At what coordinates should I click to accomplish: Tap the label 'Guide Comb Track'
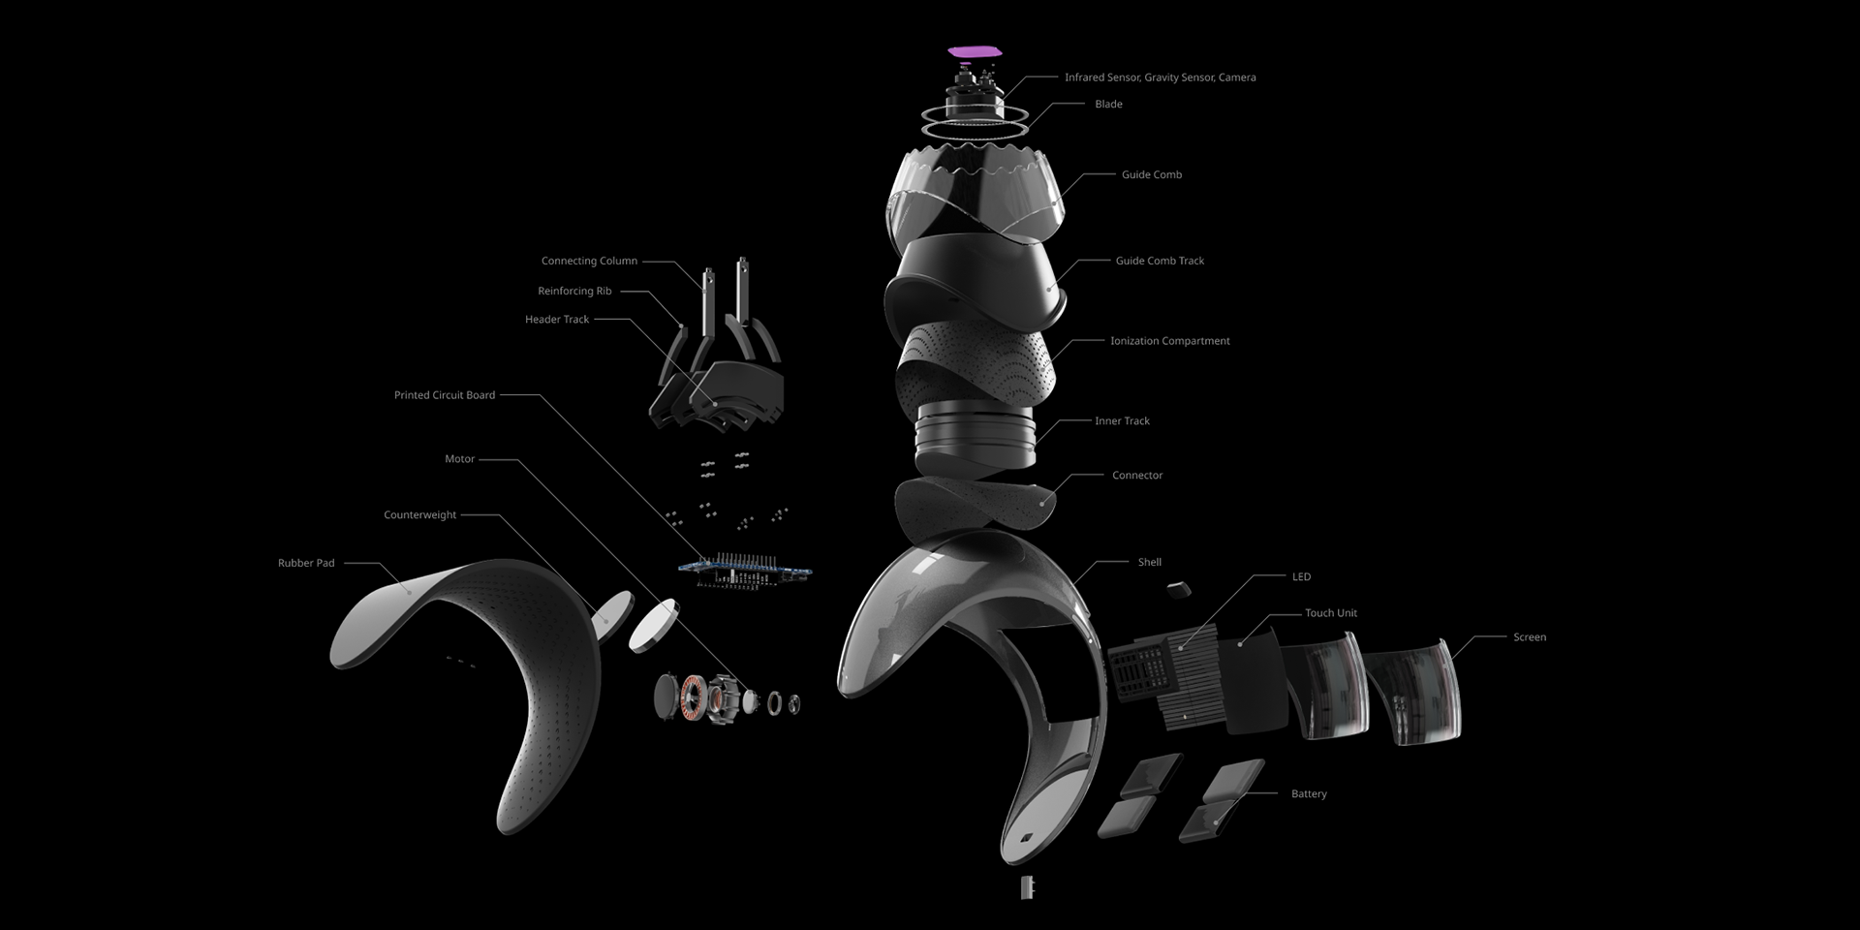click(x=1160, y=261)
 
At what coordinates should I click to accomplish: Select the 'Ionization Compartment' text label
click(x=1169, y=341)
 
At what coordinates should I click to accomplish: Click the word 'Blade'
click(x=1108, y=104)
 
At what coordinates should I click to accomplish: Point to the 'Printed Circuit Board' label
click(x=445, y=395)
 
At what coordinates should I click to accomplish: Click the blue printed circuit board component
click(x=745, y=571)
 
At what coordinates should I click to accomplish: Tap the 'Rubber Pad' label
click(x=306, y=563)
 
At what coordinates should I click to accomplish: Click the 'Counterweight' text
click(x=419, y=515)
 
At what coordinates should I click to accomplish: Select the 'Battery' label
click(x=1309, y=794)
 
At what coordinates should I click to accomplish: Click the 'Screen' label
click(x=1530, y=637)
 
